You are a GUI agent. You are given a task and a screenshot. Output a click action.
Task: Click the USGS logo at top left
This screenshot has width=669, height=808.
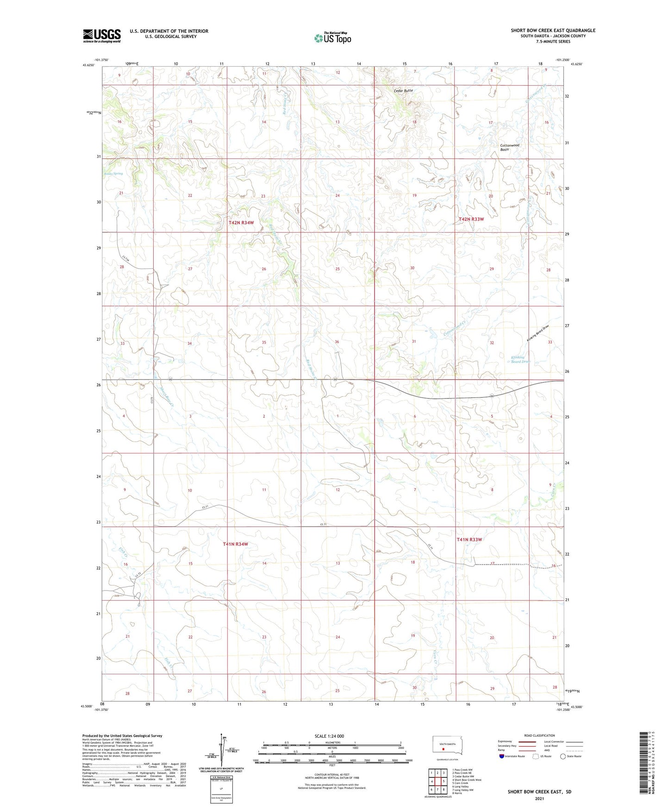point(102,36)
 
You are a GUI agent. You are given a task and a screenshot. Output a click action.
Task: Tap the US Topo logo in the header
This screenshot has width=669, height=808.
point(332,37)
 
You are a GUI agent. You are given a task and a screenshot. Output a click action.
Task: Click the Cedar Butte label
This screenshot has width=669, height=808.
point(403,91)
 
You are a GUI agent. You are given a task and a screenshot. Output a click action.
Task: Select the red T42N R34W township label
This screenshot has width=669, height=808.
point(241,223)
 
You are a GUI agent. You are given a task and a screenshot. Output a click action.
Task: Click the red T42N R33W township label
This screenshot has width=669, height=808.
point(471,219)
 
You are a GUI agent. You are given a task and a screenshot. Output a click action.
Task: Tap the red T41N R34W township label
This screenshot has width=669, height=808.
point(235,544)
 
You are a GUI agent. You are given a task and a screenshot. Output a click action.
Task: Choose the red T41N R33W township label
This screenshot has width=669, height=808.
point(469,540)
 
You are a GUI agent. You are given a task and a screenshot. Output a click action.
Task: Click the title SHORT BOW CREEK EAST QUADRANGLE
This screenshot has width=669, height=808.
point(553,31)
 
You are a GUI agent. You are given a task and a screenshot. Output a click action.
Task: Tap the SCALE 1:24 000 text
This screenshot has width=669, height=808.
point(329,736)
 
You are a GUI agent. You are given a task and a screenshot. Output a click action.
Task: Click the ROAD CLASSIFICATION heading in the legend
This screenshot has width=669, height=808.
point(539,735)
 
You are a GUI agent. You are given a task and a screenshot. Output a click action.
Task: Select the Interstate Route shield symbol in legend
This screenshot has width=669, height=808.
point(502,756)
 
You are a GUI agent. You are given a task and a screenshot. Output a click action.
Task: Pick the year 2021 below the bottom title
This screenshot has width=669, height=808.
point(539,798)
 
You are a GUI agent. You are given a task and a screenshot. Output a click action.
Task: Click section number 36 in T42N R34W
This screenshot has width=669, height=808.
point(337,342)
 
